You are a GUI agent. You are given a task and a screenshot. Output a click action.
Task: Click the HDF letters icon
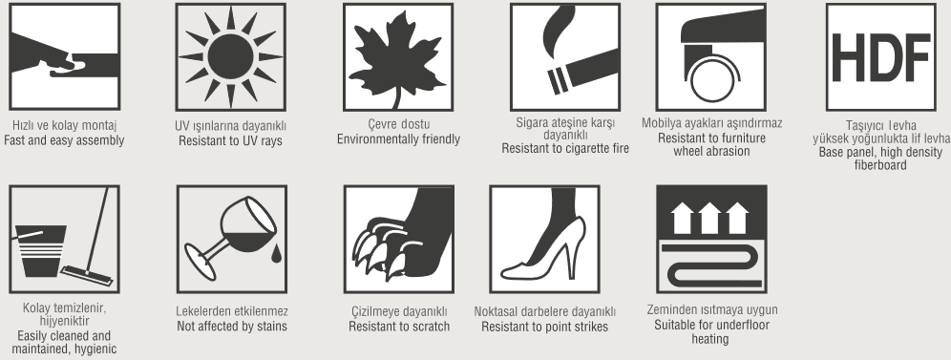click(x=880, y=57)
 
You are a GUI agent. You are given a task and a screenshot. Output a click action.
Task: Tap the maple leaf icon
click(x=398, y=58)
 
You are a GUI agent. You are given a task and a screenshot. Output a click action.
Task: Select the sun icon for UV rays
click(x=230, y=57)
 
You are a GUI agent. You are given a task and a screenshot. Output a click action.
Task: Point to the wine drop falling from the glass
click(x=276, y=254)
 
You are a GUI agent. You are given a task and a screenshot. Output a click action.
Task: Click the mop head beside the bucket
click(x=87, y=275)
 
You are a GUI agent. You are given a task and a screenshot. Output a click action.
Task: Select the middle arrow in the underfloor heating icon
click(x=709, y=218)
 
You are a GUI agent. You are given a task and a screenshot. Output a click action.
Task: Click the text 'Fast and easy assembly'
click(x=64, y=140)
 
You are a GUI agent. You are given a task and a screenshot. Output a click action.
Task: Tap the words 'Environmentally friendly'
click(x=398, y=139)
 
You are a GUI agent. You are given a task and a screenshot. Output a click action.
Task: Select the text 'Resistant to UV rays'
click(x=230, y=141)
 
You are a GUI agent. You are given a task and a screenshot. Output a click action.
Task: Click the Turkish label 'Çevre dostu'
click(x=398, y=124)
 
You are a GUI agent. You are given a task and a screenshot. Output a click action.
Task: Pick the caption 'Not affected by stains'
click(x=232, y=327)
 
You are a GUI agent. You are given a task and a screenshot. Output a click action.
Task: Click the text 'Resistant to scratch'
click(x=399, y=327)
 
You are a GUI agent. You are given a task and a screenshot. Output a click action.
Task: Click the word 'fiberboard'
click(x=880, y=165)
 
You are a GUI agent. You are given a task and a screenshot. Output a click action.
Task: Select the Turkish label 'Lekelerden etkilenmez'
click(x=232, y=311)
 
